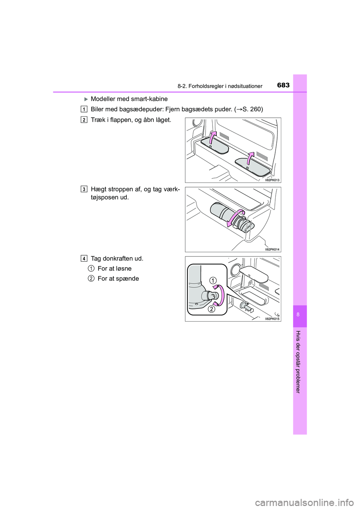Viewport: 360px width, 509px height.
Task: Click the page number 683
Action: [x=283, y=85]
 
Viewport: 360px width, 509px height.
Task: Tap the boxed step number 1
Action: [x=84, y=109]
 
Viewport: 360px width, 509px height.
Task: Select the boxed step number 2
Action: [x=84, y=120]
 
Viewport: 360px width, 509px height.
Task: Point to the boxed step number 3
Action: [x=84, y=189]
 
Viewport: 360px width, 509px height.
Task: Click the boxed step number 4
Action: [x=84, y=258]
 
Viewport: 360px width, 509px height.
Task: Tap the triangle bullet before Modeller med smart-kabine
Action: [x=85, y=99]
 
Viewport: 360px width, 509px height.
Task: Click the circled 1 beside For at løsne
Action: [x=91, y=268]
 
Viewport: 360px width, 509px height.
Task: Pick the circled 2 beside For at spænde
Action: [x=91, y=278]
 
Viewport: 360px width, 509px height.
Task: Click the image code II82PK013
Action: [x=272, y=180]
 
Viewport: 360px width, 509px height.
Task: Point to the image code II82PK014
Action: [x=272, y=249]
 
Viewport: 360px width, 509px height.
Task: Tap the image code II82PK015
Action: [x=272, y=319]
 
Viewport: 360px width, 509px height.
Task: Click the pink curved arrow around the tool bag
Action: [x=237, y=218]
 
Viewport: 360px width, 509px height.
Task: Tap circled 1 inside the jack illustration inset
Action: [x=213, y=280]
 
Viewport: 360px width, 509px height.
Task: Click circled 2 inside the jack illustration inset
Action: [x=211, y=309]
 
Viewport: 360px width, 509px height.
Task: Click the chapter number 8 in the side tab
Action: [x=298, y=314]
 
